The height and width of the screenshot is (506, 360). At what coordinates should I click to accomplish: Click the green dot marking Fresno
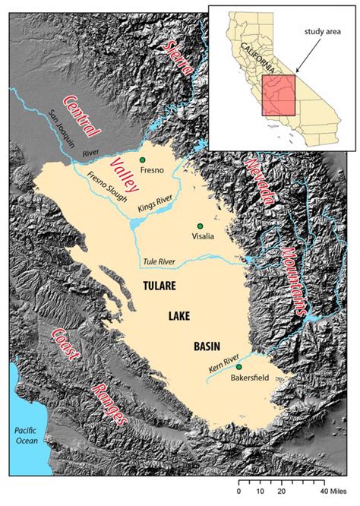pos(142,160)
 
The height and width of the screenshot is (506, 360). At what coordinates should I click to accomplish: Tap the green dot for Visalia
pos(201,226)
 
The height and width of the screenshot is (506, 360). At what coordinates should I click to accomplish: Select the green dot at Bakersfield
pos(239,367)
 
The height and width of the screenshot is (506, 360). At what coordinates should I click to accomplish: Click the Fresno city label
pos(153,171)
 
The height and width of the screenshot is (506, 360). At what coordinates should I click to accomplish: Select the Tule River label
pos(158,262)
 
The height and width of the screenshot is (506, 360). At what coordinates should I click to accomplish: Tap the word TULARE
pos(159,286)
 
